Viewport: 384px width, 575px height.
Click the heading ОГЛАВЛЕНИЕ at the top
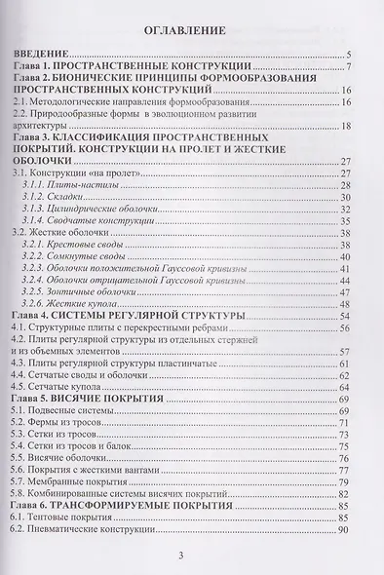(192, 28)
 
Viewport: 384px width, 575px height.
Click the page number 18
(346, 124)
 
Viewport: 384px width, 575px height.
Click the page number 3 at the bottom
(193, 556)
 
